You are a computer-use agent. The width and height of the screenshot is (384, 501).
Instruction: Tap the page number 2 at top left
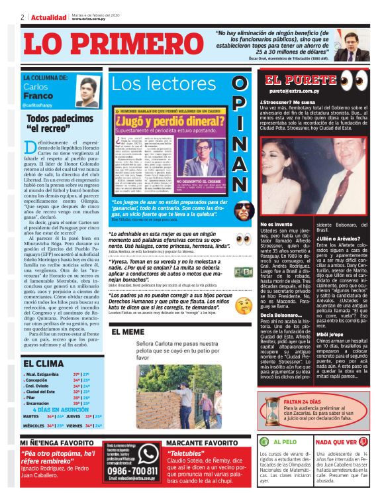[22, 17]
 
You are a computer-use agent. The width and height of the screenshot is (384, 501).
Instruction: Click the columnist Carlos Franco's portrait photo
[87, 91]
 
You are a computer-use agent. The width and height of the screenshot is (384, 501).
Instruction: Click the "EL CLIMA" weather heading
[44, 363]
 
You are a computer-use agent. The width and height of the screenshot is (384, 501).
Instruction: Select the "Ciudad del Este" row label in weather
[40, 392]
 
